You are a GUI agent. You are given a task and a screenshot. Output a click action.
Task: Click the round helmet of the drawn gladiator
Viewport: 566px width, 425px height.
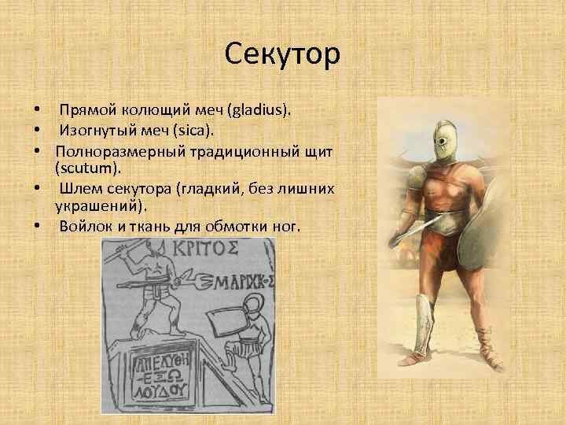(253, 309)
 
